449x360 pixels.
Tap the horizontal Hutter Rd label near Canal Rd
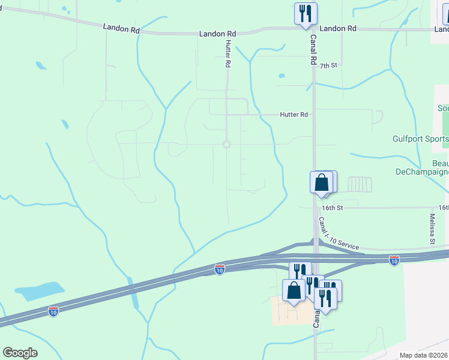click(294, 114)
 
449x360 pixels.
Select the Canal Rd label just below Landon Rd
click(313, 49)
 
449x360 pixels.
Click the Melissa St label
click(432, 229)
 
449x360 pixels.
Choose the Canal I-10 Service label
click(339, 235)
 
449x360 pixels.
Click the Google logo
click(20, 353)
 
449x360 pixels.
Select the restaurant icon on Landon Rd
click(305, 13)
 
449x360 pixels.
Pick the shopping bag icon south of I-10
click(294, 291)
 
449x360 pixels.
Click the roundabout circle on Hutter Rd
click(226, 144)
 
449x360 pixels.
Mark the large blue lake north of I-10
click(39, 291)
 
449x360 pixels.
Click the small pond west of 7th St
click(281, 76)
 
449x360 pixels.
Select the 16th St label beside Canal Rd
click(331, 208)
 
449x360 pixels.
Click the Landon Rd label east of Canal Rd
click(338, 28)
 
